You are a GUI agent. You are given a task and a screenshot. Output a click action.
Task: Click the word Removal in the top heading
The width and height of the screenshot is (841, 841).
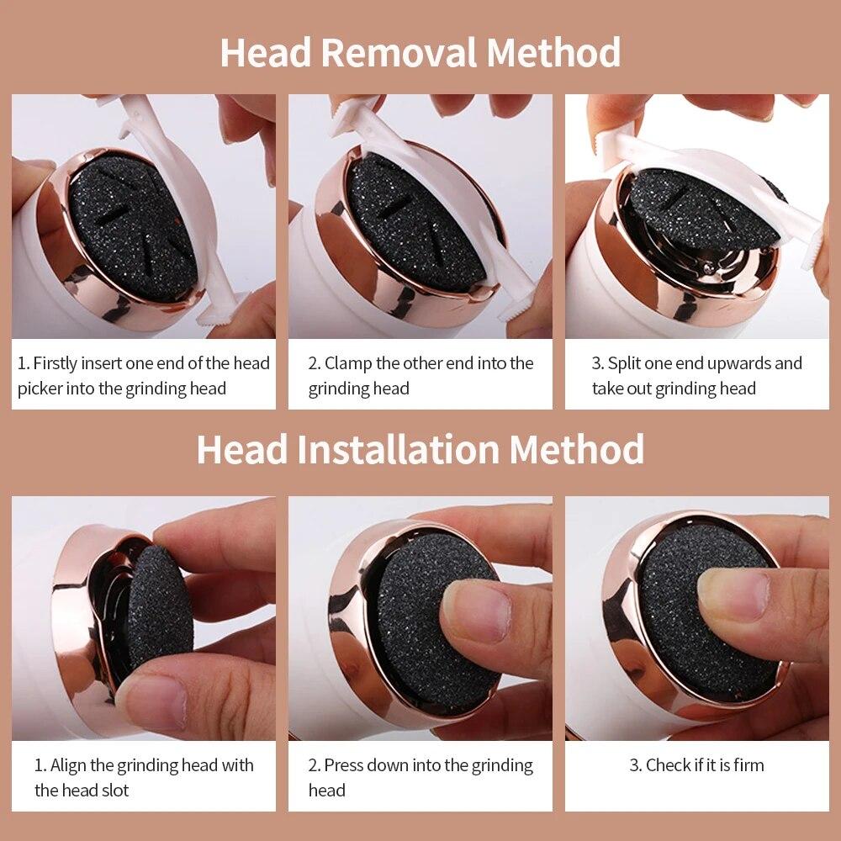400,52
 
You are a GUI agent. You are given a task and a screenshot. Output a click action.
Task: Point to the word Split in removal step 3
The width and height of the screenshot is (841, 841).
625,363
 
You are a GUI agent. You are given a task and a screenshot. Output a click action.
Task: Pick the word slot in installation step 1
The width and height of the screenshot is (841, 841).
114,791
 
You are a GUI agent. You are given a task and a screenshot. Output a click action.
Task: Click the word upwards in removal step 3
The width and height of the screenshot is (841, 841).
738,363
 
